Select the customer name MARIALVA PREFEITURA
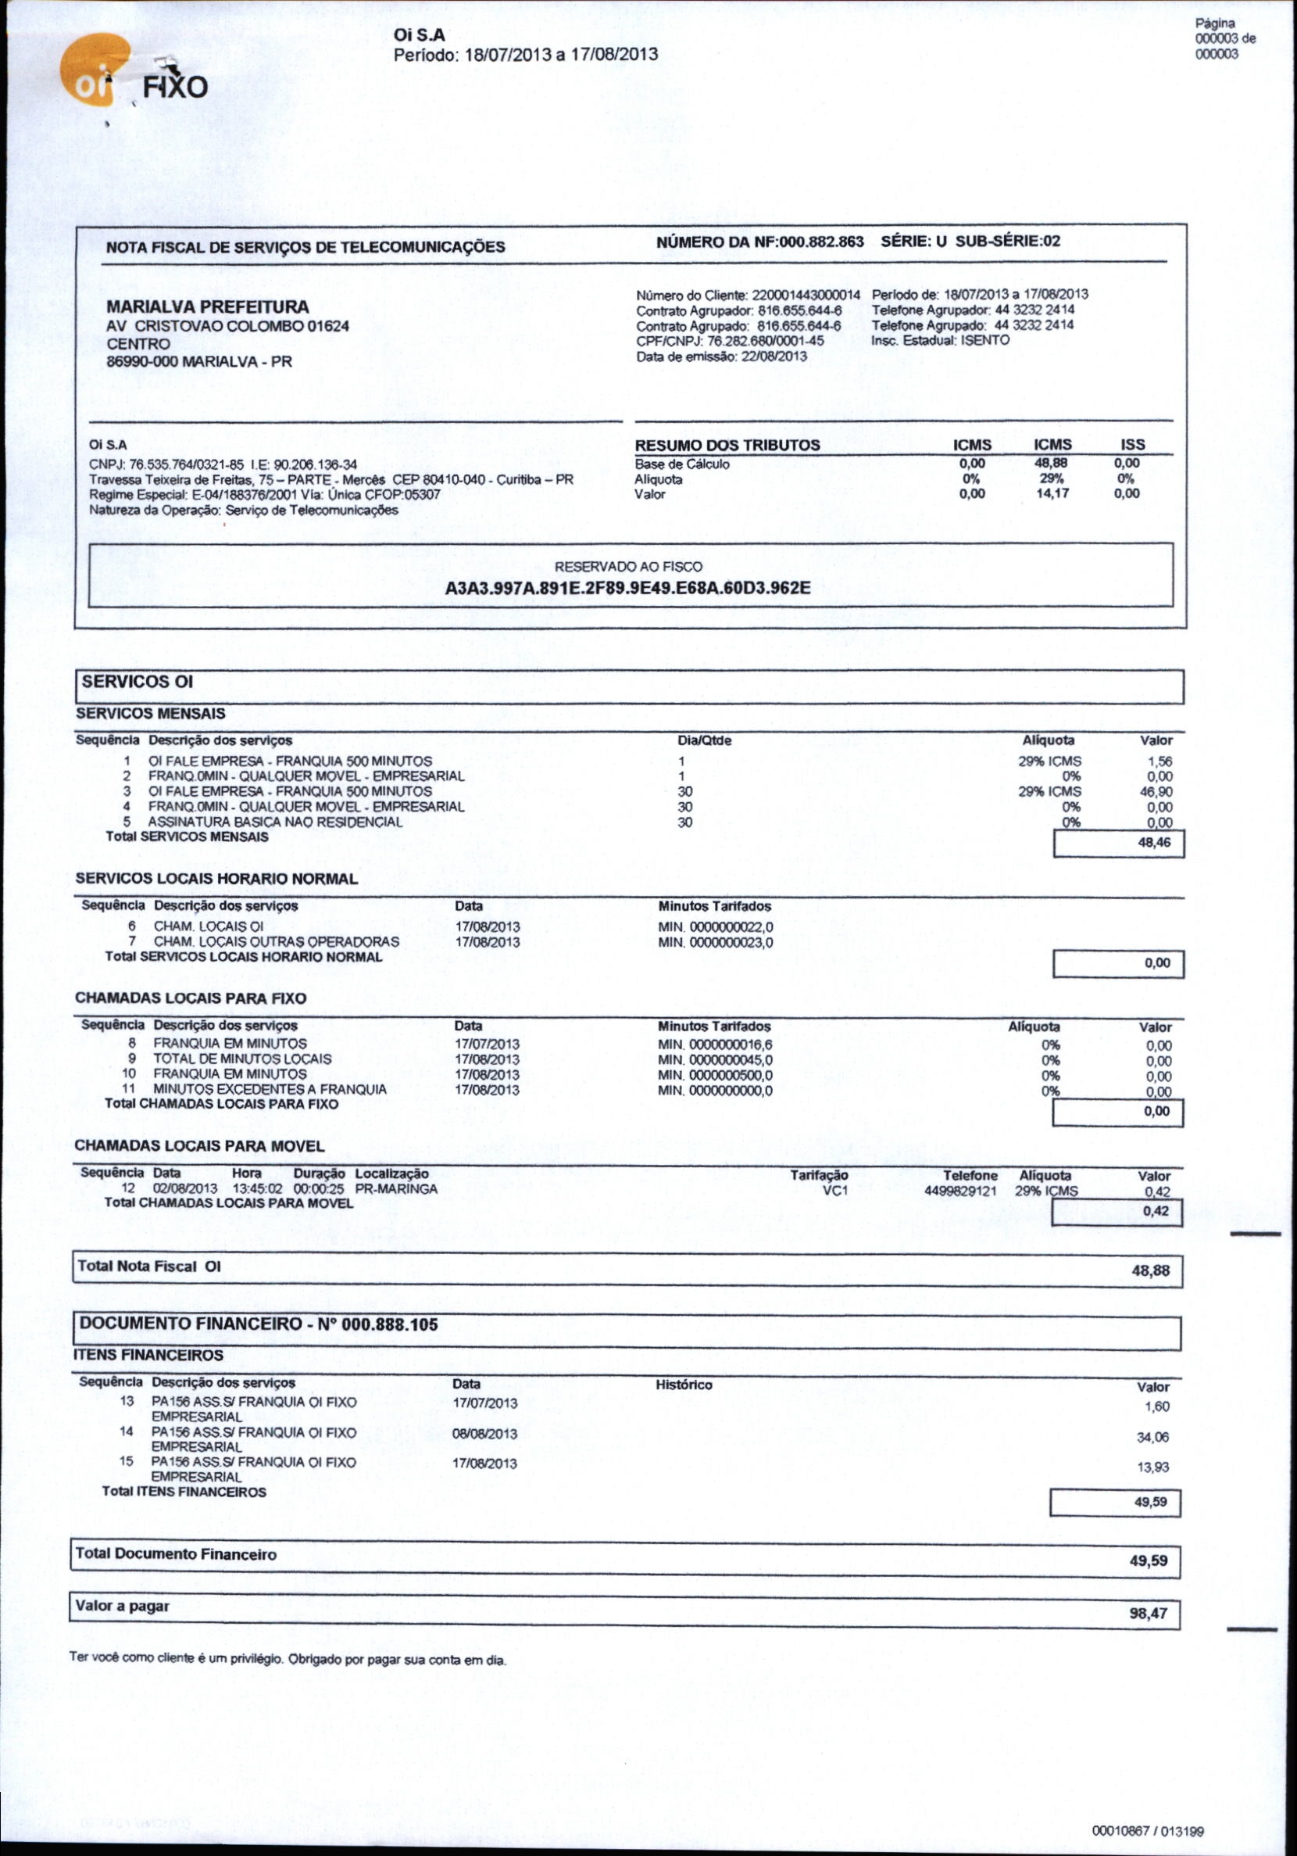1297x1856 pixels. (208, 307)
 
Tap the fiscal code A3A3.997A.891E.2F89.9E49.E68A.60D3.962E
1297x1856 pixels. (628, 588)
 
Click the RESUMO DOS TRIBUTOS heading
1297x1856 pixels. (727, 445)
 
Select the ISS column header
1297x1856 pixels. (1132, 445)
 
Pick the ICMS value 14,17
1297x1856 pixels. (1052, 493)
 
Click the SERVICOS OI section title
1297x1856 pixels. (138, 682)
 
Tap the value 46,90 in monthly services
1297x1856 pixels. (1155, 792)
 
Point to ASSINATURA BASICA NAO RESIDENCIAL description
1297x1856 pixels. (275, 822)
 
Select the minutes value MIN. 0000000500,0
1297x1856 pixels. (715, 1075)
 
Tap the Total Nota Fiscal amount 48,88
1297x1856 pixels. (1150, 1270)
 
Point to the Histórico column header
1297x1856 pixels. (684, 1385)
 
